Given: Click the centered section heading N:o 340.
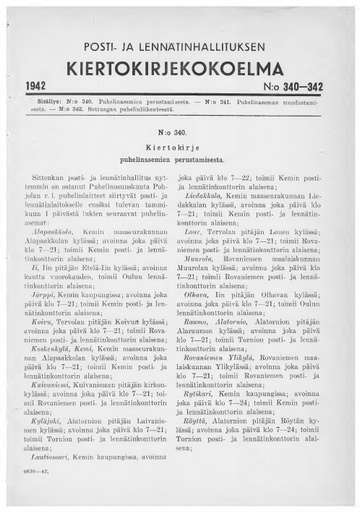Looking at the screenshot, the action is (x=179, y=131).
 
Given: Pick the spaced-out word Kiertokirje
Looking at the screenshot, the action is (x=179, y=146).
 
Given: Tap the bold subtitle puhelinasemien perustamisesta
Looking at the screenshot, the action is (x=179, y=159).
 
